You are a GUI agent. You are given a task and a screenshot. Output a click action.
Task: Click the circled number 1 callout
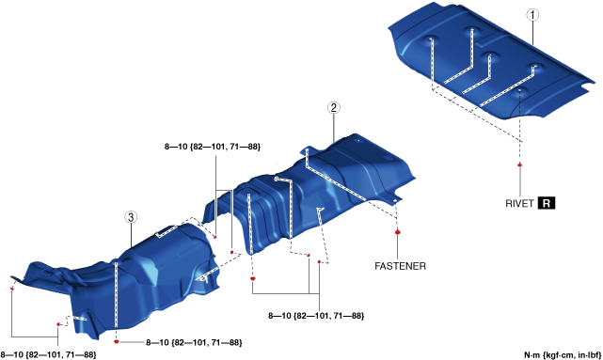click(532, 15)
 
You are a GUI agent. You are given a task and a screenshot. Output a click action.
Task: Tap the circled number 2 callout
click(333, 107)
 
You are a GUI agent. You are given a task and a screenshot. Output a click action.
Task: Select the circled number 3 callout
click(131, 217)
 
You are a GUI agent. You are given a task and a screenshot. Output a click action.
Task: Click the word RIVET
click(519, 203)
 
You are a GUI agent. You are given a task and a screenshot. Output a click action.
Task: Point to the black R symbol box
click(546, 203)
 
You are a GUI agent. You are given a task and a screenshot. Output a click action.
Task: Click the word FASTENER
click(401, 266)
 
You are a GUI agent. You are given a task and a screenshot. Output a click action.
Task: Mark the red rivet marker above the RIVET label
click(520, 164)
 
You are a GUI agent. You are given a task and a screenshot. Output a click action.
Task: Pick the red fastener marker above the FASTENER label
click(398, 231)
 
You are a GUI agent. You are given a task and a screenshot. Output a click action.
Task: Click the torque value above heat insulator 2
click(213, 147)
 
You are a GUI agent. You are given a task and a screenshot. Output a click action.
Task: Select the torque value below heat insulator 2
click(316, 316)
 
